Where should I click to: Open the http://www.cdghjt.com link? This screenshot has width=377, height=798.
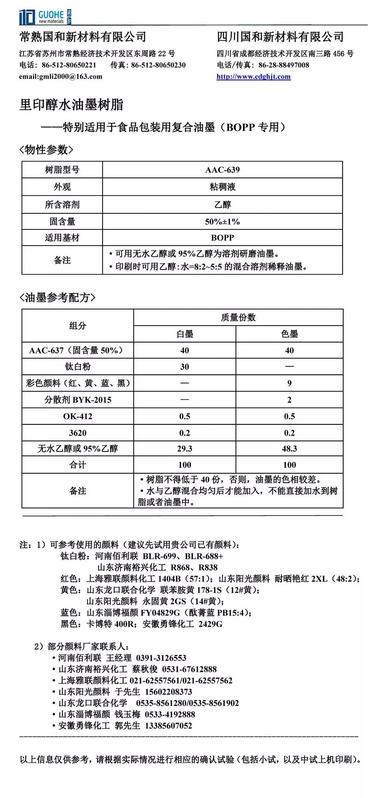(253, 77)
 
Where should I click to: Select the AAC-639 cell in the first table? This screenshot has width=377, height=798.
(222, 170)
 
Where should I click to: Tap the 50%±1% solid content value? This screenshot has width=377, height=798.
(222, 222)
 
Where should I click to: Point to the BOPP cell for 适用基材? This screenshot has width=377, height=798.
(222, 238)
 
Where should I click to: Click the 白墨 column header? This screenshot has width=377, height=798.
(185, 334)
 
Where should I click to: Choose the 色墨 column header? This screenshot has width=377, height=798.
(289, 334)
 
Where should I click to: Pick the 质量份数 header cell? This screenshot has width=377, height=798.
(238, 318)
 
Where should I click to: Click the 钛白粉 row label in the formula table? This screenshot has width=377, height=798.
(78, 366)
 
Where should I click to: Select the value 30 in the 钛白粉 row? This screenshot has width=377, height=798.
(185, 367)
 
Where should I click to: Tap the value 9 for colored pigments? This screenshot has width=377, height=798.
(289, 383)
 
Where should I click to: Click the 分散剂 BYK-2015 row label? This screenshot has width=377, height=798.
(78, 400)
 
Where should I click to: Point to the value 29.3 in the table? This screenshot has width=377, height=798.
(185, 449)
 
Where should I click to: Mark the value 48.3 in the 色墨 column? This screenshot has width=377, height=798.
(289, 449)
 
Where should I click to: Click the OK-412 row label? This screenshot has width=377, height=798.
(78, 416)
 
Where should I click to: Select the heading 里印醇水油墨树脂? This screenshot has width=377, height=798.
(71, 105)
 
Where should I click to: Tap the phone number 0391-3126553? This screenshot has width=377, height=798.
(161, 658)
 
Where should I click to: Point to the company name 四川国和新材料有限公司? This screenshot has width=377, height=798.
(280, 37)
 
